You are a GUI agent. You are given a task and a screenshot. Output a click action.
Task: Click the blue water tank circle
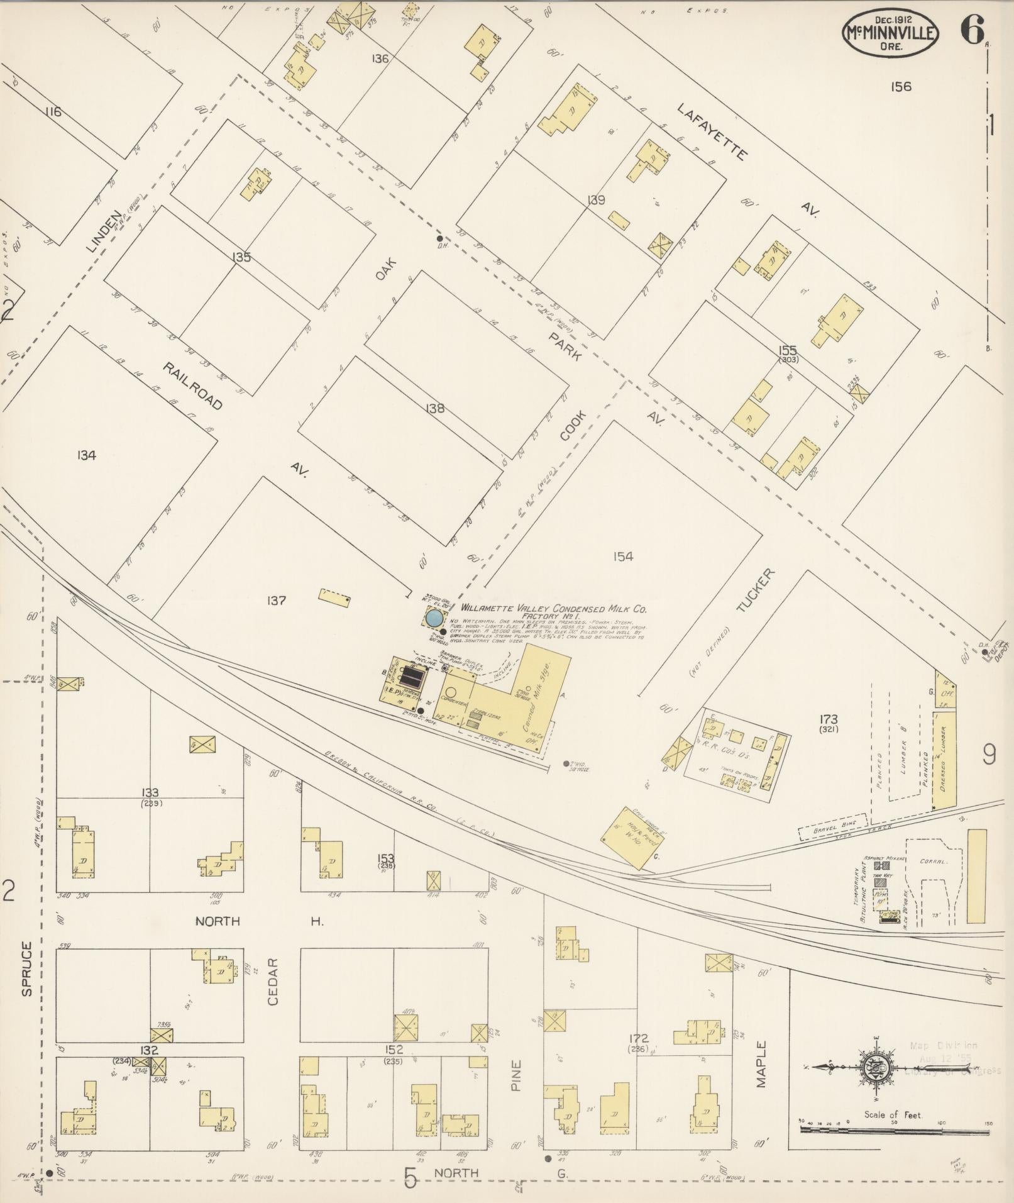click(433, 618)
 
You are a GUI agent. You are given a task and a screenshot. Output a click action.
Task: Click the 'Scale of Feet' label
click(892, 1114)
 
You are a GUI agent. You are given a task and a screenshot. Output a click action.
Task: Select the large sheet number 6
click(972, 30)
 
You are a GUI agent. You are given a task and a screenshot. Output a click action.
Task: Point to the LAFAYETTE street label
click(712, 132)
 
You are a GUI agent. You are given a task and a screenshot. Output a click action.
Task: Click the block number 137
click(277, 601)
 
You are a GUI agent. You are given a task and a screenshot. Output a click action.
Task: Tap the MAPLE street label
click(762, 1065)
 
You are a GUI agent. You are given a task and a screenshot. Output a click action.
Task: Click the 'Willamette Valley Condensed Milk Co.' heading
click(554, 609)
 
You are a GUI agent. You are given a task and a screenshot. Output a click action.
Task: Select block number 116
click(53, 112)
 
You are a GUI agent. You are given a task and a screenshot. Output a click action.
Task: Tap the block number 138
click(434, 409)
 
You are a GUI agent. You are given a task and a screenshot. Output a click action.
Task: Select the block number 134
click(86, 455)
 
